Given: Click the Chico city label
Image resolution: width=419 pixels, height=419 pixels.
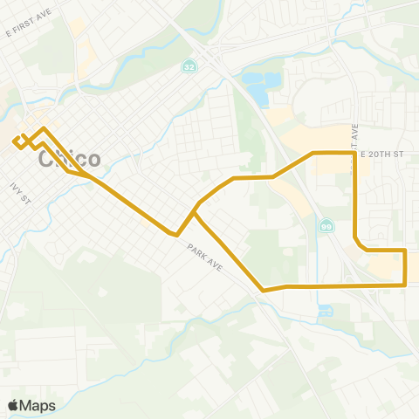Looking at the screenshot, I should click(x=70, y=159).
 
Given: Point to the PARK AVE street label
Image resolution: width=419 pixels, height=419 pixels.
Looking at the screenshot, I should click(x=206, y=260).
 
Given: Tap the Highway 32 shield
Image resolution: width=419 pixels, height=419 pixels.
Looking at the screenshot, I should click(x=189, y=66).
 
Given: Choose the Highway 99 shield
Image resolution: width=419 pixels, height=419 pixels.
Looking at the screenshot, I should click(x=326, y=226).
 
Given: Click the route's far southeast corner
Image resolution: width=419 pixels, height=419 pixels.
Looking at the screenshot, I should click(x=406, y=285).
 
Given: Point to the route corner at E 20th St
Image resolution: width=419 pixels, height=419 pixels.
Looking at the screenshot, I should click(x=354, y=153).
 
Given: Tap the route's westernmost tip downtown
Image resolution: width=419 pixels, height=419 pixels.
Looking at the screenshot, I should click(x=14, y=141).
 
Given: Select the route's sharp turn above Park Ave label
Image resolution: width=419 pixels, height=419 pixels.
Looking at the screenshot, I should click(x=177, y=235).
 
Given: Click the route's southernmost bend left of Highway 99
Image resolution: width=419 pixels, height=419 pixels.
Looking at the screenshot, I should click(x=263, y=290).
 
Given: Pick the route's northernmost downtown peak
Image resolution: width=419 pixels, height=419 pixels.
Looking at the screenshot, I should click(x=44, y=128).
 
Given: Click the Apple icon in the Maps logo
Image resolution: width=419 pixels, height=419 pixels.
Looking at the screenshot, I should click(x=13, y=405).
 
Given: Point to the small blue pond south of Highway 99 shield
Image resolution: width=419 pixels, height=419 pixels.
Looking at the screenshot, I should click(x=324, y=310).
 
